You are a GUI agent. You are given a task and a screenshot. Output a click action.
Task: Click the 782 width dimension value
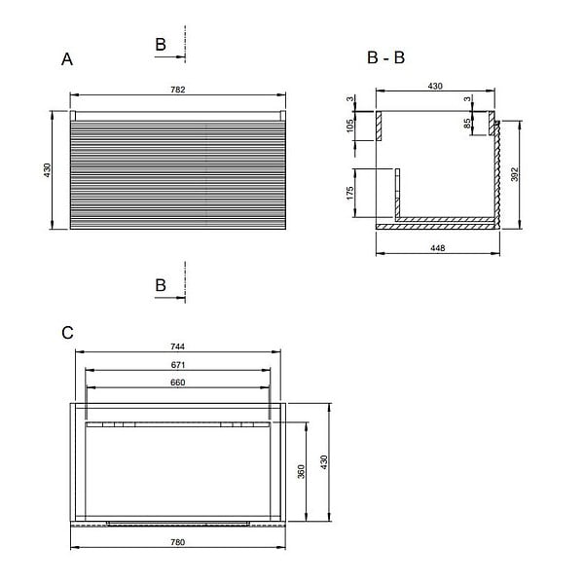(178, 90)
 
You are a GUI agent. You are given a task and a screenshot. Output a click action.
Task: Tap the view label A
(67, 59)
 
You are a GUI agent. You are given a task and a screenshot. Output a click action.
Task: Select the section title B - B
(385, 57)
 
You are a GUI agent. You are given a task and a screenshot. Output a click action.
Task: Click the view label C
(67, 333)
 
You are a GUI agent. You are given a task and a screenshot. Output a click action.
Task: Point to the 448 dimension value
(438, 248)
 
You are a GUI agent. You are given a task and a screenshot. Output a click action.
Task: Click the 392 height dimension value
(514, 174)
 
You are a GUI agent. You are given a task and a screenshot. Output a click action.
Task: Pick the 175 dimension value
(349, 194)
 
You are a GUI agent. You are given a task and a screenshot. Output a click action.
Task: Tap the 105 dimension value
(349, 126)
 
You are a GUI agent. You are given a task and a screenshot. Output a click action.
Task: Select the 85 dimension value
(467, 124)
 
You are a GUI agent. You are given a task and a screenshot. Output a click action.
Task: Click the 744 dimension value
(178, 347)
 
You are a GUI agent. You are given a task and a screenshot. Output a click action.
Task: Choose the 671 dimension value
(178, 365)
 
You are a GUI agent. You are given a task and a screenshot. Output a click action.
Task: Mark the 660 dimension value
(178, 383)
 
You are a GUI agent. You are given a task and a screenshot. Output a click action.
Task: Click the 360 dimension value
(301, 471)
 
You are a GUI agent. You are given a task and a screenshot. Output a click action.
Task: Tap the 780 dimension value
(178, 542)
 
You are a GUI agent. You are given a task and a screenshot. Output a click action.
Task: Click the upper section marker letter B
(161, 45)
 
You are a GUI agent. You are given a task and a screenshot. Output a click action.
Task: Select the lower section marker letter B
(161, 285)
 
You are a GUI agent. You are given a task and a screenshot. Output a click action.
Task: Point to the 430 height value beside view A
(48, 169)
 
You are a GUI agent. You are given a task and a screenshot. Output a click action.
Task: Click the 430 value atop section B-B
(435, 86)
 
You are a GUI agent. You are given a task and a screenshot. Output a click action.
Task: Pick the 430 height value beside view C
(324, 461)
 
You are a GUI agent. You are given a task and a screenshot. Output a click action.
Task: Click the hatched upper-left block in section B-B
(379, 126)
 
